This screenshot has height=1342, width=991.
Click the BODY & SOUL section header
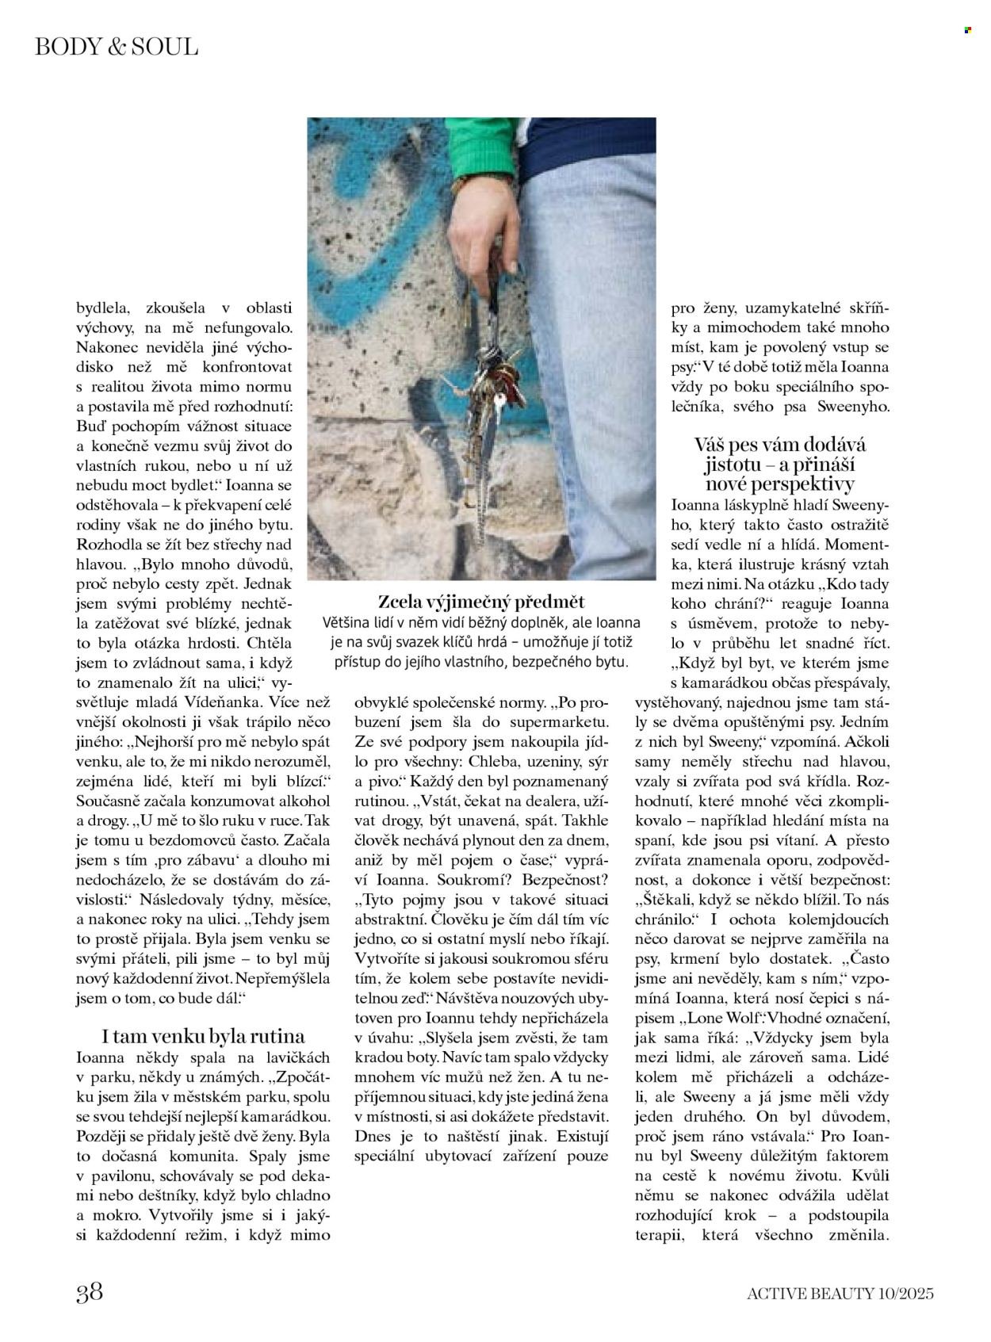point(117,47)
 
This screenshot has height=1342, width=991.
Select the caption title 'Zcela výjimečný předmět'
point(481,602)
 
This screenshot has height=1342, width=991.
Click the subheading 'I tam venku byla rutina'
point(204,1036)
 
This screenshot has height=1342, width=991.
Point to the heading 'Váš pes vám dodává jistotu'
point(780,465)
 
